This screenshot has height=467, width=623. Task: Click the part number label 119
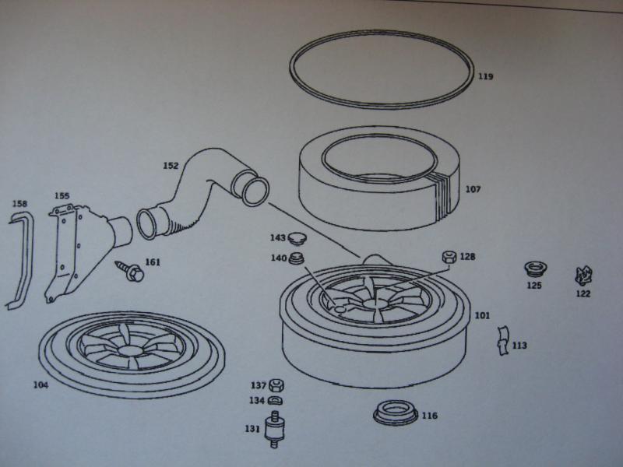pyautogui.click(x=485, y=75)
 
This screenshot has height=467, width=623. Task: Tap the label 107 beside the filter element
pyautogui.click(x=473, y=189)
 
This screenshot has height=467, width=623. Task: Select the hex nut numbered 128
pyautogui.click(x=449, y=257)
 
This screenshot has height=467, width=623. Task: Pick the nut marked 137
pyautogui.click(x=276, y=385)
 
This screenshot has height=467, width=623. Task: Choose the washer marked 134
pyautogui.click(x=275, y=401)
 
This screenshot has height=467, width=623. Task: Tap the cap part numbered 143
pyautogui.click(x=297, y=238)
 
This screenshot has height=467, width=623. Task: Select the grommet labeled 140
pyautogui.click(x=297, y=258)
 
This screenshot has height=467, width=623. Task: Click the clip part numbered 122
pyautogui.click(x=583, y=276)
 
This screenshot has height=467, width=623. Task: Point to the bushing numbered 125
pyautogui.click(x=535, y=269)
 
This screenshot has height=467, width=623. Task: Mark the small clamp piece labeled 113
pyautogui.click(x=502, y=341)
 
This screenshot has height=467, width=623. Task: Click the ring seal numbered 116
pyautogui.click(x=396, y=413)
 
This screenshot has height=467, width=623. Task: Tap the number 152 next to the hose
pyautogui.click(x=171, y=166)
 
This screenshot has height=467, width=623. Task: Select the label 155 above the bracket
pyautogui.click(x=62, y=195)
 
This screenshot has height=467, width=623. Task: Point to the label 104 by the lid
pyautogui.click(x=40, y=384)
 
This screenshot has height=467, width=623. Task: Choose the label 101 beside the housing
pyautogui.click(x=482, y=315)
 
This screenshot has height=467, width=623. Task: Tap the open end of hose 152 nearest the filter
pyautogui.click(x=255, y=191)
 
